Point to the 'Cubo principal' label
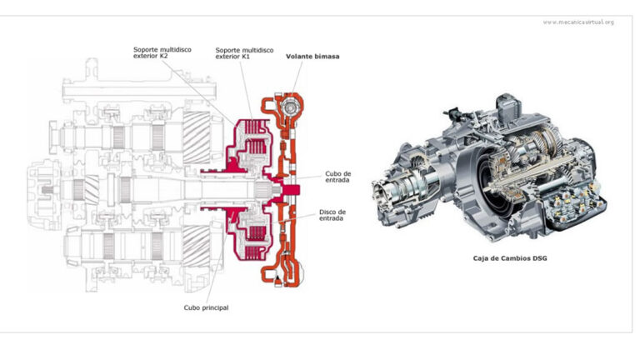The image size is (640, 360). (206, 307)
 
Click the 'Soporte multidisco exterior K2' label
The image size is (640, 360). (161, 53)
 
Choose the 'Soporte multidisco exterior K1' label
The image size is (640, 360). (242, 53)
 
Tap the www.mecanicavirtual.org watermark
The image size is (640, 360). (577, 22)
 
